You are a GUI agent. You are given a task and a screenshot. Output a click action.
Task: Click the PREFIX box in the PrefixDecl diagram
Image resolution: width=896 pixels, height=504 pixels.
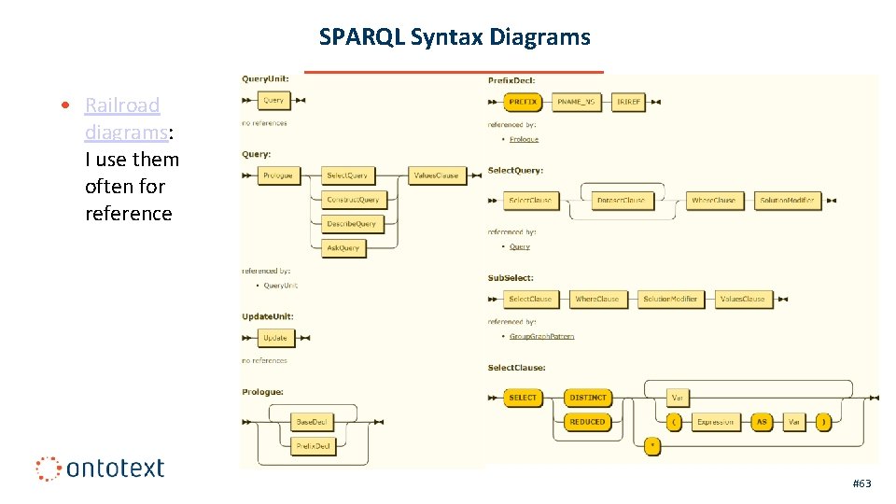pos(523,102)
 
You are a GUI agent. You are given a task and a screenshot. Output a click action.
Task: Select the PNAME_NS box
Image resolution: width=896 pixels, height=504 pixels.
pos(577,102)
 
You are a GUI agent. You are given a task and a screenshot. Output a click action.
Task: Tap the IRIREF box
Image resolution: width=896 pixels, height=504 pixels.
pos(629,102)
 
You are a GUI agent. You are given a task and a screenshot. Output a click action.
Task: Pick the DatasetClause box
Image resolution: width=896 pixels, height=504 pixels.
pos(621,200)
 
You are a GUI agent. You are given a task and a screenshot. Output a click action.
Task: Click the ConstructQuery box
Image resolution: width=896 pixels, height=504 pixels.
pos(353,200)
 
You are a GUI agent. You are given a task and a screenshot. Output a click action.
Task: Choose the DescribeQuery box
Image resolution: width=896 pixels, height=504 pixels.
pos(351,224)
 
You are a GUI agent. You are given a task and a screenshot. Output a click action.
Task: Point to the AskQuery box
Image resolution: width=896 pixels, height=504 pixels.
pos(343,248)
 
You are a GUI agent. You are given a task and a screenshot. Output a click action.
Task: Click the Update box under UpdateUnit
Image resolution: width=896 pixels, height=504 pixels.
pos(275,338)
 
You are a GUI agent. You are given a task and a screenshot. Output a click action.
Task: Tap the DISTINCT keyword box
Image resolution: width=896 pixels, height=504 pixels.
pos(587,398)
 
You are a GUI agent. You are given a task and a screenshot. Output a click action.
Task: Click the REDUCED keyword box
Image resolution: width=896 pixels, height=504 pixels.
pos(587,422)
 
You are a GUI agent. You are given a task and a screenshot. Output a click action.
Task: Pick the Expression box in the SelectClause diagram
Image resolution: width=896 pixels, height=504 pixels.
pos(716,422)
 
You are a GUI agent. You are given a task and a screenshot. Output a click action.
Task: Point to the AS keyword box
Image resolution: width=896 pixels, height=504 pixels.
pos(762,422)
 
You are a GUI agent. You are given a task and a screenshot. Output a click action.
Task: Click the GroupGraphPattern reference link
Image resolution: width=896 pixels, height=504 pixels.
pos(542,336)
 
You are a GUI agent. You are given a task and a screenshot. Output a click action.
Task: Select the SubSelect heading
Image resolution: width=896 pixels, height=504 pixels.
pos(511,278)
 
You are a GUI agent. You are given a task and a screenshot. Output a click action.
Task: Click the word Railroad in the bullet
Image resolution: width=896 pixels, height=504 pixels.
pos(122,105)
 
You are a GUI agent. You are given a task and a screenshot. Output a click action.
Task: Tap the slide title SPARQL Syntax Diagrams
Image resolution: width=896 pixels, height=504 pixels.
pos(455,37)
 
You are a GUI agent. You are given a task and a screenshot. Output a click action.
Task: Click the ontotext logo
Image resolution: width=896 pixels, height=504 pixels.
pos(100,468)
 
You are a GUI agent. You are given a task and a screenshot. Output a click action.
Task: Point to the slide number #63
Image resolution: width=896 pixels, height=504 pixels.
pos(861,483)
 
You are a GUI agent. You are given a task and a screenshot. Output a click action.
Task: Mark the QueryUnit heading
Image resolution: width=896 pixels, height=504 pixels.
pos(265,79)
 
